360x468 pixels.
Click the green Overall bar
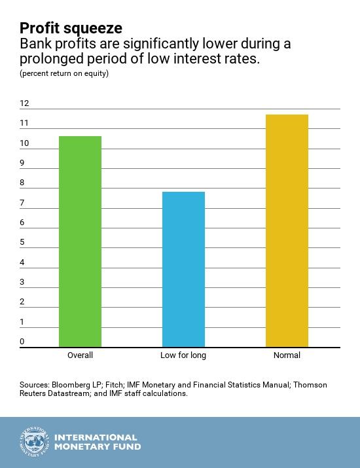[80, 242]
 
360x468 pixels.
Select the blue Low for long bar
[183, 269]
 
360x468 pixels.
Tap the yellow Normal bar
[287, 230]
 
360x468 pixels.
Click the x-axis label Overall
[80, 355]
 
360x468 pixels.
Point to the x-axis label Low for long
[183, 355]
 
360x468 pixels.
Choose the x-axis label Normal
[287, 355]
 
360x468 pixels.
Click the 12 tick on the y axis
[24, 103]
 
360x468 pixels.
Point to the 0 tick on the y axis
[22, 342]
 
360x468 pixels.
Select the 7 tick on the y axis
[22, 203]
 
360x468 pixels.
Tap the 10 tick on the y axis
[24, 143]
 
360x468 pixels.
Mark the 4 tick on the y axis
[22, 262]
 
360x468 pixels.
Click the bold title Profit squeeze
[70, 28]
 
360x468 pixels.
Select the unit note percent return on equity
[64, 73]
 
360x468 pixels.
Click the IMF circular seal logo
[33, 442]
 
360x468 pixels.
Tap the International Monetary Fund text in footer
[97, 442]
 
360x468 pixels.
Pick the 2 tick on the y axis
[22, 302]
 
